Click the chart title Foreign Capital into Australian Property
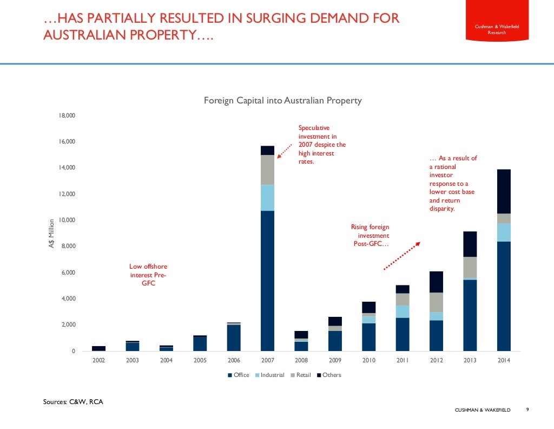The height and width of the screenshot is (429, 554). coord(282,101)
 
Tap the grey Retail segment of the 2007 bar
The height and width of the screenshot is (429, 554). coord(267,170)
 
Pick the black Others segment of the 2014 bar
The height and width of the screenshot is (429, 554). coord(503,191)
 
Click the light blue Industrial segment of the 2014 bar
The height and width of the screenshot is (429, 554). coord(503,232)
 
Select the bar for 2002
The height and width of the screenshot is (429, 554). coord(99,348)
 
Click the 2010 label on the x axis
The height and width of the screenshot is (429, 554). coord(368,360)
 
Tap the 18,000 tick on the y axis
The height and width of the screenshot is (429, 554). coord(68,116)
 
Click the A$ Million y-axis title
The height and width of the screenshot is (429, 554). coord(52,234)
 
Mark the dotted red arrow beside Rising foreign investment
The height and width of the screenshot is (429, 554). coord(401,256)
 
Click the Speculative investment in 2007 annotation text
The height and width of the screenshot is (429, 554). coord(321,145)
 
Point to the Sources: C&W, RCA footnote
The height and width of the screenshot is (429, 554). coord(72,402)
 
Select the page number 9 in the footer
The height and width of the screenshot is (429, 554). coord(527,410)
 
